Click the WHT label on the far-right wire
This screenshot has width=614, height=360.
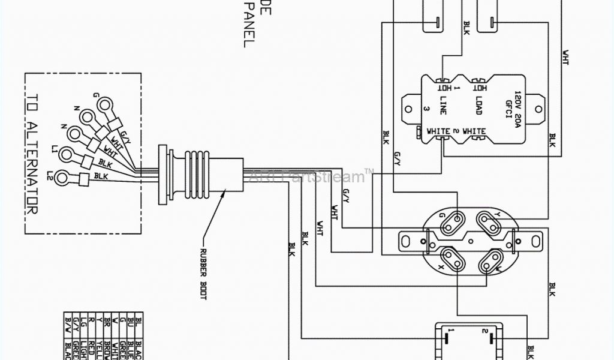click(566, 57)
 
